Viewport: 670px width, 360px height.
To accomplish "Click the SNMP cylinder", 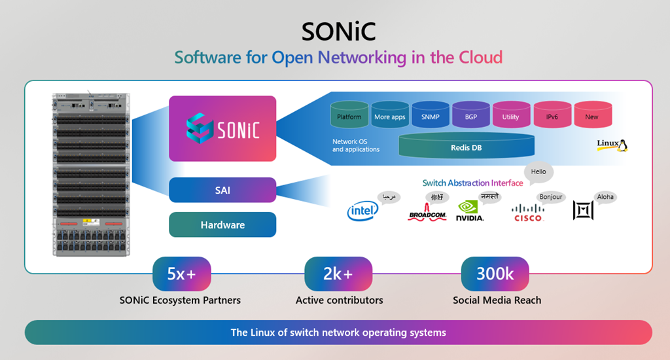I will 431,115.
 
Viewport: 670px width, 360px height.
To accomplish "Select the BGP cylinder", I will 471,115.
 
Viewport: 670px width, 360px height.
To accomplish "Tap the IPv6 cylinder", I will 552,115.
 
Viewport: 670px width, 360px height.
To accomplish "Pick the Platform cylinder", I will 349,115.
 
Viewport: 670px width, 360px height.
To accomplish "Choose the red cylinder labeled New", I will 592,115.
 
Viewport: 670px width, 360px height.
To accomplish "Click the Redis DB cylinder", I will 467,147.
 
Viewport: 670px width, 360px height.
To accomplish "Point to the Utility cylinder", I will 511,115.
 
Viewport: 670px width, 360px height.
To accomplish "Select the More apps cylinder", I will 390,115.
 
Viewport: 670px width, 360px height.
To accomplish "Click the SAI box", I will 222,190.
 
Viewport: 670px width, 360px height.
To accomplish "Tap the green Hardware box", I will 222,225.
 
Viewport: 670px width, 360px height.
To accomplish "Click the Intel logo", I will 362,211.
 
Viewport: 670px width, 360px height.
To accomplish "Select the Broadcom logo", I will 427,213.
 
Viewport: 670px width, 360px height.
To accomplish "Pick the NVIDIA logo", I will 470,211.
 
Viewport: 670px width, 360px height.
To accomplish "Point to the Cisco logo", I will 528,212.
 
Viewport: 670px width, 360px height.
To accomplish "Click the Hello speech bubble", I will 538,172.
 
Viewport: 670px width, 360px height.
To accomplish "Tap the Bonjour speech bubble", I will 551,197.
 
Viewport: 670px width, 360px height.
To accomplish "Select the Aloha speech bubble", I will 605,197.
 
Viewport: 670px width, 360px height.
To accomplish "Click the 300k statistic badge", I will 495,274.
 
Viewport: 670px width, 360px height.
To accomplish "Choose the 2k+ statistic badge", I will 338,274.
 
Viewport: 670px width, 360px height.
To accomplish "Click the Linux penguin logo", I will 612,145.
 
